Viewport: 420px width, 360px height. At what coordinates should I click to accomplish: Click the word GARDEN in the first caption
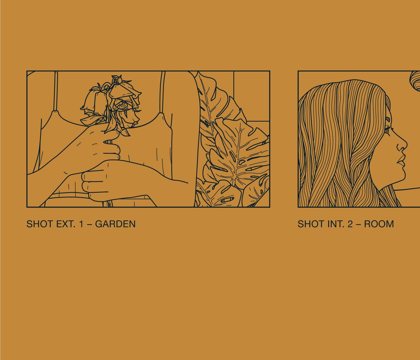115,224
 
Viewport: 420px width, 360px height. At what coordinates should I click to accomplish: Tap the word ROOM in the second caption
379,224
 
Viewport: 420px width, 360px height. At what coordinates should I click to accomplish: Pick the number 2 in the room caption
350,224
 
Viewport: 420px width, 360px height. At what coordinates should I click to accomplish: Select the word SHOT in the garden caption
39,224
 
